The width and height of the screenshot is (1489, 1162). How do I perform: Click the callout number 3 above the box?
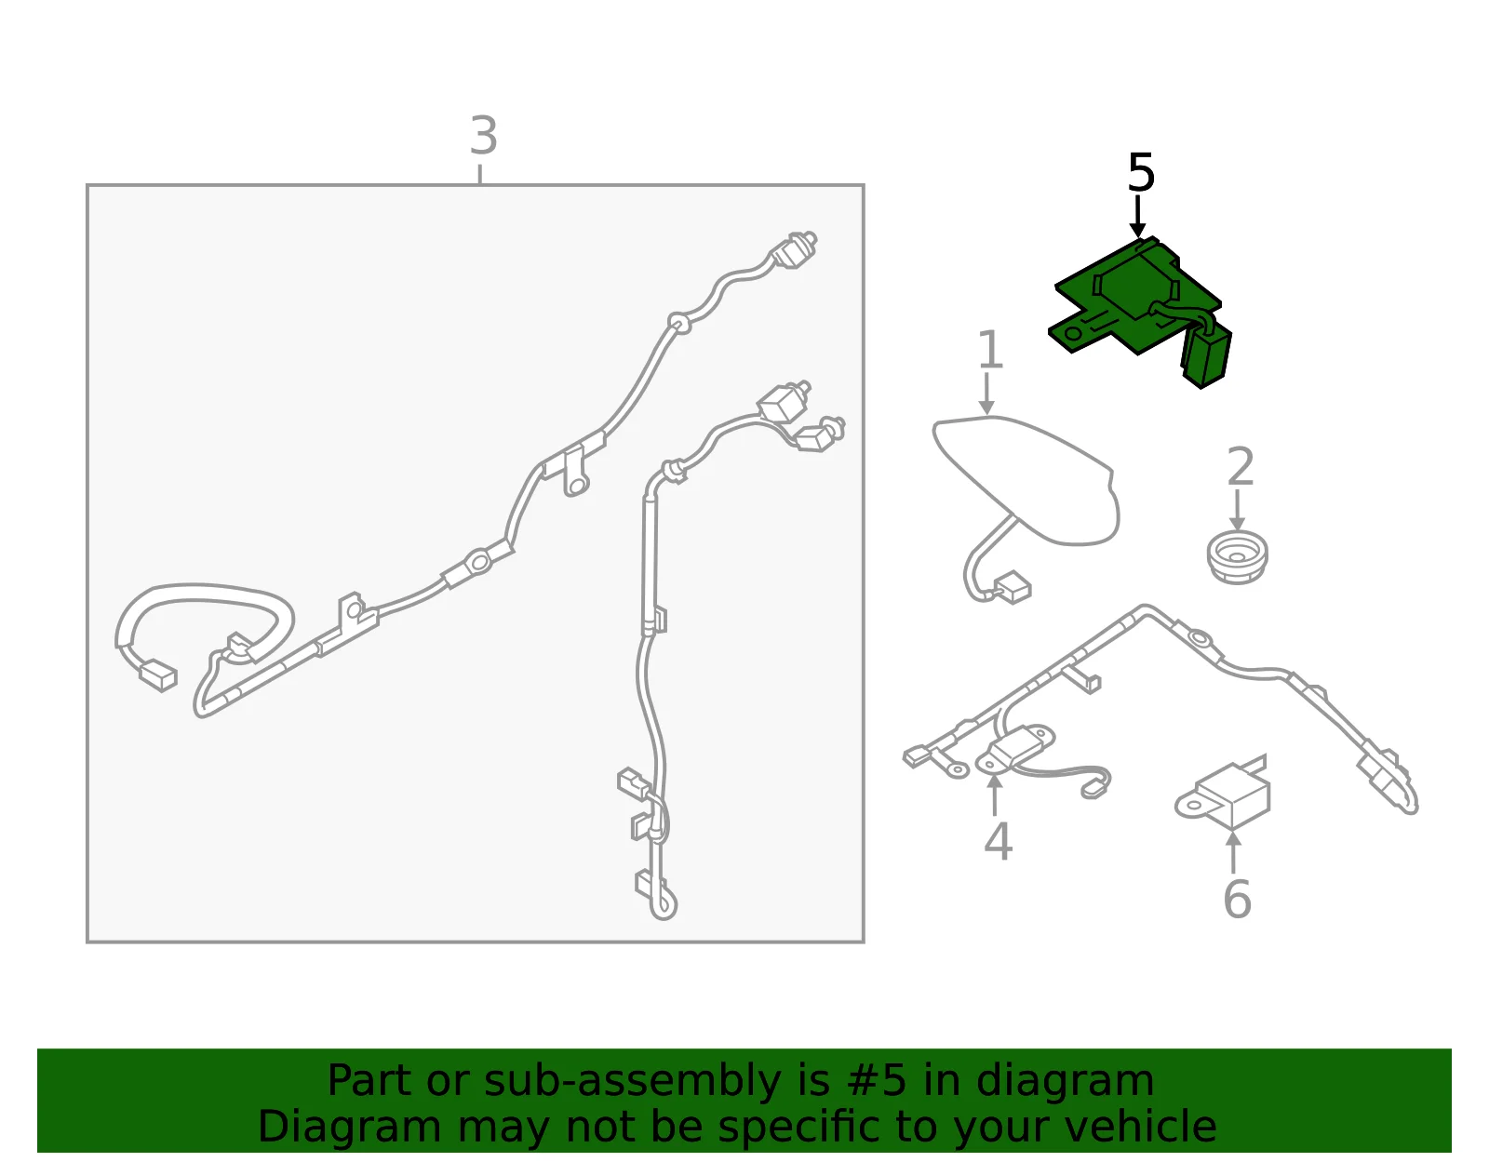click(483, 135)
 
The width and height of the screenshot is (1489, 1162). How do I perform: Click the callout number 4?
click(998, 841)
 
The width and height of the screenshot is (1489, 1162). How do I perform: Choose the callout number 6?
click(1237, 898)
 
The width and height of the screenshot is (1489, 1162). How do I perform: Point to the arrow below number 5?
click(1137, 217)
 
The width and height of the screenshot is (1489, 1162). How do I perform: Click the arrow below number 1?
click(986, 393)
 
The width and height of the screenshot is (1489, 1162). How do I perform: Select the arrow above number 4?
click(994, 795)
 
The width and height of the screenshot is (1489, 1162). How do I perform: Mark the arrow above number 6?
click(1233, 851)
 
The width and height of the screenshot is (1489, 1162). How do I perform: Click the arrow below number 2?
click(1237, 510)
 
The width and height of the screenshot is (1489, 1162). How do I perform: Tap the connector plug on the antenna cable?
click(1013, 587)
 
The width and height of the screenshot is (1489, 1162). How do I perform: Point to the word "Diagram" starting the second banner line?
click(349, 1128)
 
